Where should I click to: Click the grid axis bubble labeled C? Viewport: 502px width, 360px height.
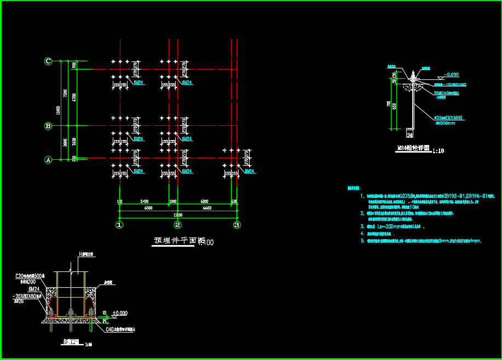click(x=48, y=61)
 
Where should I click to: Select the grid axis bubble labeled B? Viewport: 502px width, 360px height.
click(x=48, y=126)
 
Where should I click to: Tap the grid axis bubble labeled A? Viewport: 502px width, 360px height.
click(x=48, y=160)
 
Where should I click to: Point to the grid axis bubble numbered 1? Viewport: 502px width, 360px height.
click(x=119, y=224)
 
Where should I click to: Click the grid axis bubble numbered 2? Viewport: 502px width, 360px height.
click(x=177, y=224)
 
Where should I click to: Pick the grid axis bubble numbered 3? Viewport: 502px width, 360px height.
click(x=237, y=224)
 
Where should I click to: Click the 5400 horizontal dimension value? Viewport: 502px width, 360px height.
click(x=145, y=201)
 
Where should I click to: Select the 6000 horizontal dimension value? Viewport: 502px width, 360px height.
click(x=204, y=201)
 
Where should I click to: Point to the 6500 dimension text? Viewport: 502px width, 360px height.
click(x=148, y=208)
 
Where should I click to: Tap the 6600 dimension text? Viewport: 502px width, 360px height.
click(x=206, y=208)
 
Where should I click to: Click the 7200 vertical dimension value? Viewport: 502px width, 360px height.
click(x=65, y=93)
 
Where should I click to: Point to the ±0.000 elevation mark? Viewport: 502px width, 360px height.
click(x=119, y=313)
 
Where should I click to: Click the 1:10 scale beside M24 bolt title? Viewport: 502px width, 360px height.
click(x=438, y=150)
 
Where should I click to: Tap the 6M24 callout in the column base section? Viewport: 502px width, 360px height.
click(x=34, y=288)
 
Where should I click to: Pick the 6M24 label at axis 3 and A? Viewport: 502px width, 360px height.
click(x=250, y=171)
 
